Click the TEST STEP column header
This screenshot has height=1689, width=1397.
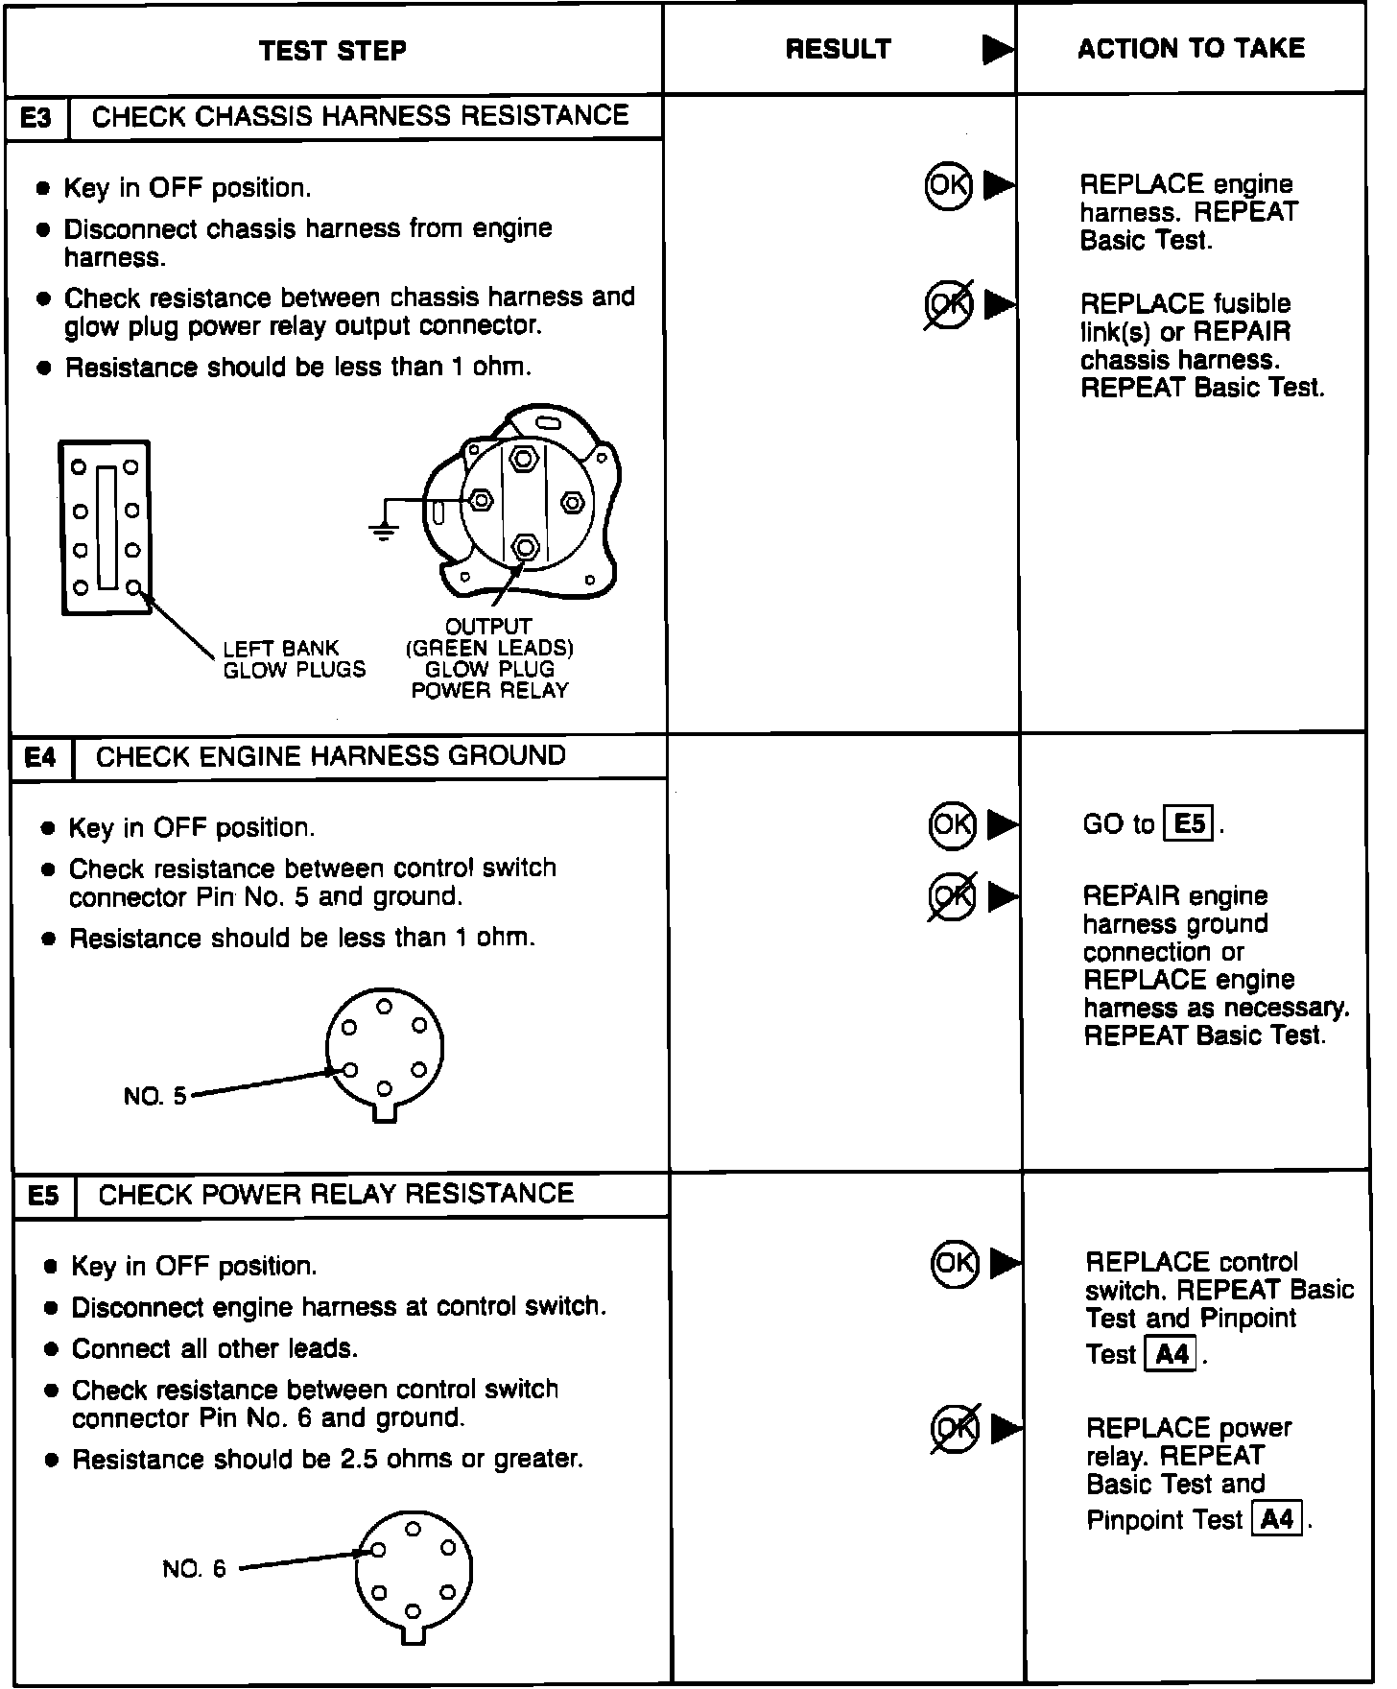(x=332, y=50)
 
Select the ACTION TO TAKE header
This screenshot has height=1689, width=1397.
(x=1191, y=49)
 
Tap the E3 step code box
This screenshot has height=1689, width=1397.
(x=36, y=118)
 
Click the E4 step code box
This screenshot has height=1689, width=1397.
(x=40, y=758)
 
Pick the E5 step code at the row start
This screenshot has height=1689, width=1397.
(x=43, y=1196)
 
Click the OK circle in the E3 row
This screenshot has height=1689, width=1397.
(x=948, y=184)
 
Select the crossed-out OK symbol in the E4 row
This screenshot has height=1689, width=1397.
(x=952, y=896)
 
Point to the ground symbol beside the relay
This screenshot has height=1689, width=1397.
(x=384, y=530)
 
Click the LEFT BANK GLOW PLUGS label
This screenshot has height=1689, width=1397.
(x=294, y=659)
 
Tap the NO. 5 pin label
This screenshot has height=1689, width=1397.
(x=155, y=1095)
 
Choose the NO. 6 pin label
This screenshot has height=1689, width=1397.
(x=194, y=1569)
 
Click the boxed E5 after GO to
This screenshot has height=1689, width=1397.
(x=1189, y=824)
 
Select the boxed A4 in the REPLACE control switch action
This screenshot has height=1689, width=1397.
(x=1172, y=1354)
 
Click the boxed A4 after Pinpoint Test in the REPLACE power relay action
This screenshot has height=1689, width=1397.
(x=1278, y=1520)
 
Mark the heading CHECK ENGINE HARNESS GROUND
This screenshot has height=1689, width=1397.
(x=331, y=756)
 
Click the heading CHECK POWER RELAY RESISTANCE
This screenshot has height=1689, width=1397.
(x=336, y=1194)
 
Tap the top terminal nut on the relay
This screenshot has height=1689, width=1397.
(x=522, y=458)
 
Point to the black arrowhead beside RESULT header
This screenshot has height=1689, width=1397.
(x=998, y=50)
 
